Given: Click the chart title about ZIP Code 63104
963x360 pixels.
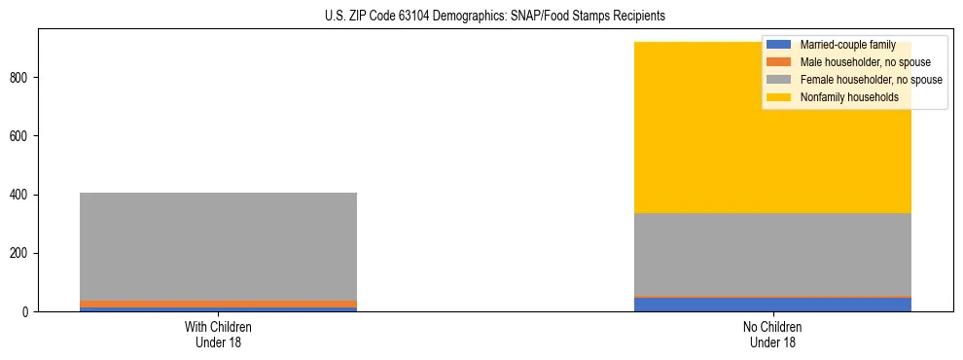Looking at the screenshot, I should tap(495, 17).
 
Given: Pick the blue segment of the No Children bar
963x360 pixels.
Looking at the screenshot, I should tap(772, 305).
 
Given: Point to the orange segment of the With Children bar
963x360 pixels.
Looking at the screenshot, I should tap(218, 304).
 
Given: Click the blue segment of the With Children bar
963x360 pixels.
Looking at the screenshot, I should tap(218, 309).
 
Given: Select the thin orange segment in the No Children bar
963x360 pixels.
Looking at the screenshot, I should tap(772, 297).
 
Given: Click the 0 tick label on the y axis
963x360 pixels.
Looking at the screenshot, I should tap(29, 312).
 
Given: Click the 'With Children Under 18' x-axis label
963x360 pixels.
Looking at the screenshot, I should tap(218, 335).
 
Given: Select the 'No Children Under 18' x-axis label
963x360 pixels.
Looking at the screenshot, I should tap(772, 335).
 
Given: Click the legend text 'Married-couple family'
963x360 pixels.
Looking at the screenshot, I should tap(848, 45).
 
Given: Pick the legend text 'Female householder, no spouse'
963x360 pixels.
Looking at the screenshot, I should tap(871, 80).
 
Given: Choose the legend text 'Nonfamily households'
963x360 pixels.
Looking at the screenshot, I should tap(849, 97).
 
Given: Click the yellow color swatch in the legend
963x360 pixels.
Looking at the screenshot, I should tap(779, 97).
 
